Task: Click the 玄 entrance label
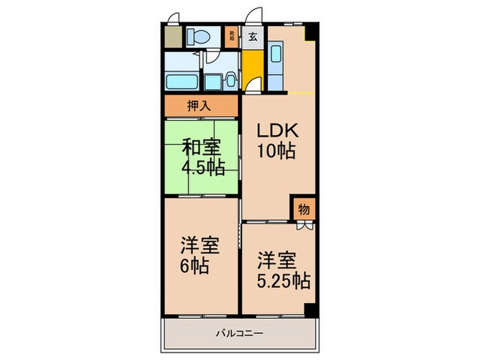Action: tap(253, 36)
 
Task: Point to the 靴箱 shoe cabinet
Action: tap(231, 36)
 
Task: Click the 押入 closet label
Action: tap(200, 106)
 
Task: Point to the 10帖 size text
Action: tap(276, 151)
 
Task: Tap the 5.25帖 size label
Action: tap(284, 280)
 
